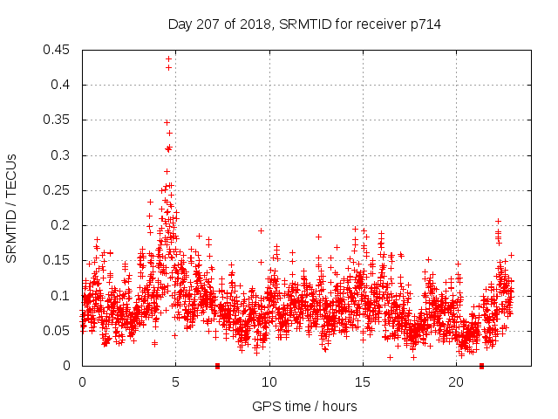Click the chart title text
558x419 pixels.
(x=304, y=24)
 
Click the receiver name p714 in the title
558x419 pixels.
(x=424, y=24)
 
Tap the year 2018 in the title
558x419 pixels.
(x=250, y=24)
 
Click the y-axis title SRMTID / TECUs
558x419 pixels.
(x=11, y=208)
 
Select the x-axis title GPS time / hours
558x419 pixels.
(x=304, y=406)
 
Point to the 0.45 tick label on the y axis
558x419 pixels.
(x=58, y=50)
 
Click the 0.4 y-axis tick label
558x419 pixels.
(x=61, y=85)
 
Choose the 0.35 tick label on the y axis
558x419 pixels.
(x=58, y=120)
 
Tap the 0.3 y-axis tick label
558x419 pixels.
(x=61, y=155)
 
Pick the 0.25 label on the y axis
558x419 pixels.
(x=58, y=190)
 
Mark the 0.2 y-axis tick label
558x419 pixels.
(x=61, y=225)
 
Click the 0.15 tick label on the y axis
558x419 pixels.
(x=58, y=260)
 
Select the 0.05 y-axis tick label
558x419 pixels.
(x=58, y=331)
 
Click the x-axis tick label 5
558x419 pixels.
(x=175, y=382)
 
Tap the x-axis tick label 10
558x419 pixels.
(x=269, y=382)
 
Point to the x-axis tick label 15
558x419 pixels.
(x=363, y=382)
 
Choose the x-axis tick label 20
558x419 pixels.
(x=456, y=382)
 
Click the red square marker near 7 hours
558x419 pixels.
(x=217, y=366)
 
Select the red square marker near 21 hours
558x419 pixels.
(x=481, y=366)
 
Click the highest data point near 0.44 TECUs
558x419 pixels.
(x=168, y=58)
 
